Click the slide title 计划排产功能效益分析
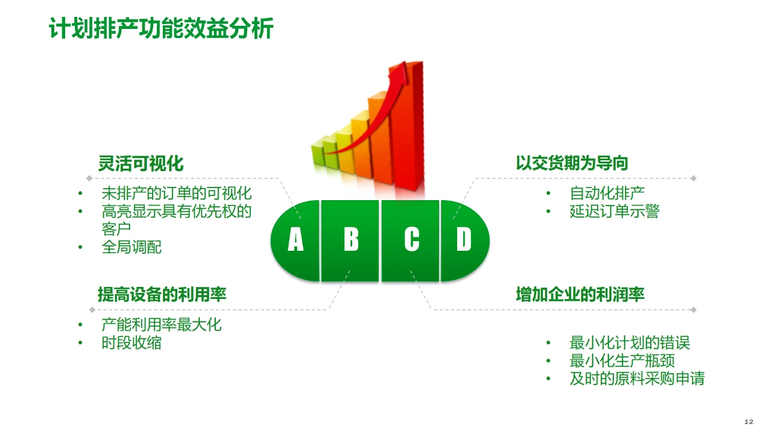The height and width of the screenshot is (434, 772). (161, 28)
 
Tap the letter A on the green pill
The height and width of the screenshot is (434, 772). (296, 240)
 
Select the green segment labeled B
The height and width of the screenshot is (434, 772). (350, 240)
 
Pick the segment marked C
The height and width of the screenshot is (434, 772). (411, 240)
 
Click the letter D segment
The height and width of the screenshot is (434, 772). (464, 240)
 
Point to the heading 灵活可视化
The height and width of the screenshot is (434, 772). (141, 163)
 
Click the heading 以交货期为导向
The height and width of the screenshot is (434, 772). (572, 163)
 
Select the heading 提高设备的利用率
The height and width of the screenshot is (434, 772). (162, 295)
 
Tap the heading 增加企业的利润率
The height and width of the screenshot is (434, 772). (580, 295)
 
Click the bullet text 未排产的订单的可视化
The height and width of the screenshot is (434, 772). (176, 193)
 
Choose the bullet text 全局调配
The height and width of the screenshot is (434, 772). (131, 247)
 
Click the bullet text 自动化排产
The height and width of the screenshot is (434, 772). (607, 193)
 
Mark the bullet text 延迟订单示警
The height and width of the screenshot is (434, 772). (615, 212)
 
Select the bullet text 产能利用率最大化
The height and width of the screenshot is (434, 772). (162, 325)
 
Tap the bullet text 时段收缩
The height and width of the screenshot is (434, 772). (131, 343)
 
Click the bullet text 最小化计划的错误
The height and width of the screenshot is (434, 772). (630, 343)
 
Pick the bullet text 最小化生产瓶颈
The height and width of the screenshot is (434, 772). (622, 361)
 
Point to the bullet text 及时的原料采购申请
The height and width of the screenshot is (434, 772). (637, 379)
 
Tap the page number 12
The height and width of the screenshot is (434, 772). (749, 421)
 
